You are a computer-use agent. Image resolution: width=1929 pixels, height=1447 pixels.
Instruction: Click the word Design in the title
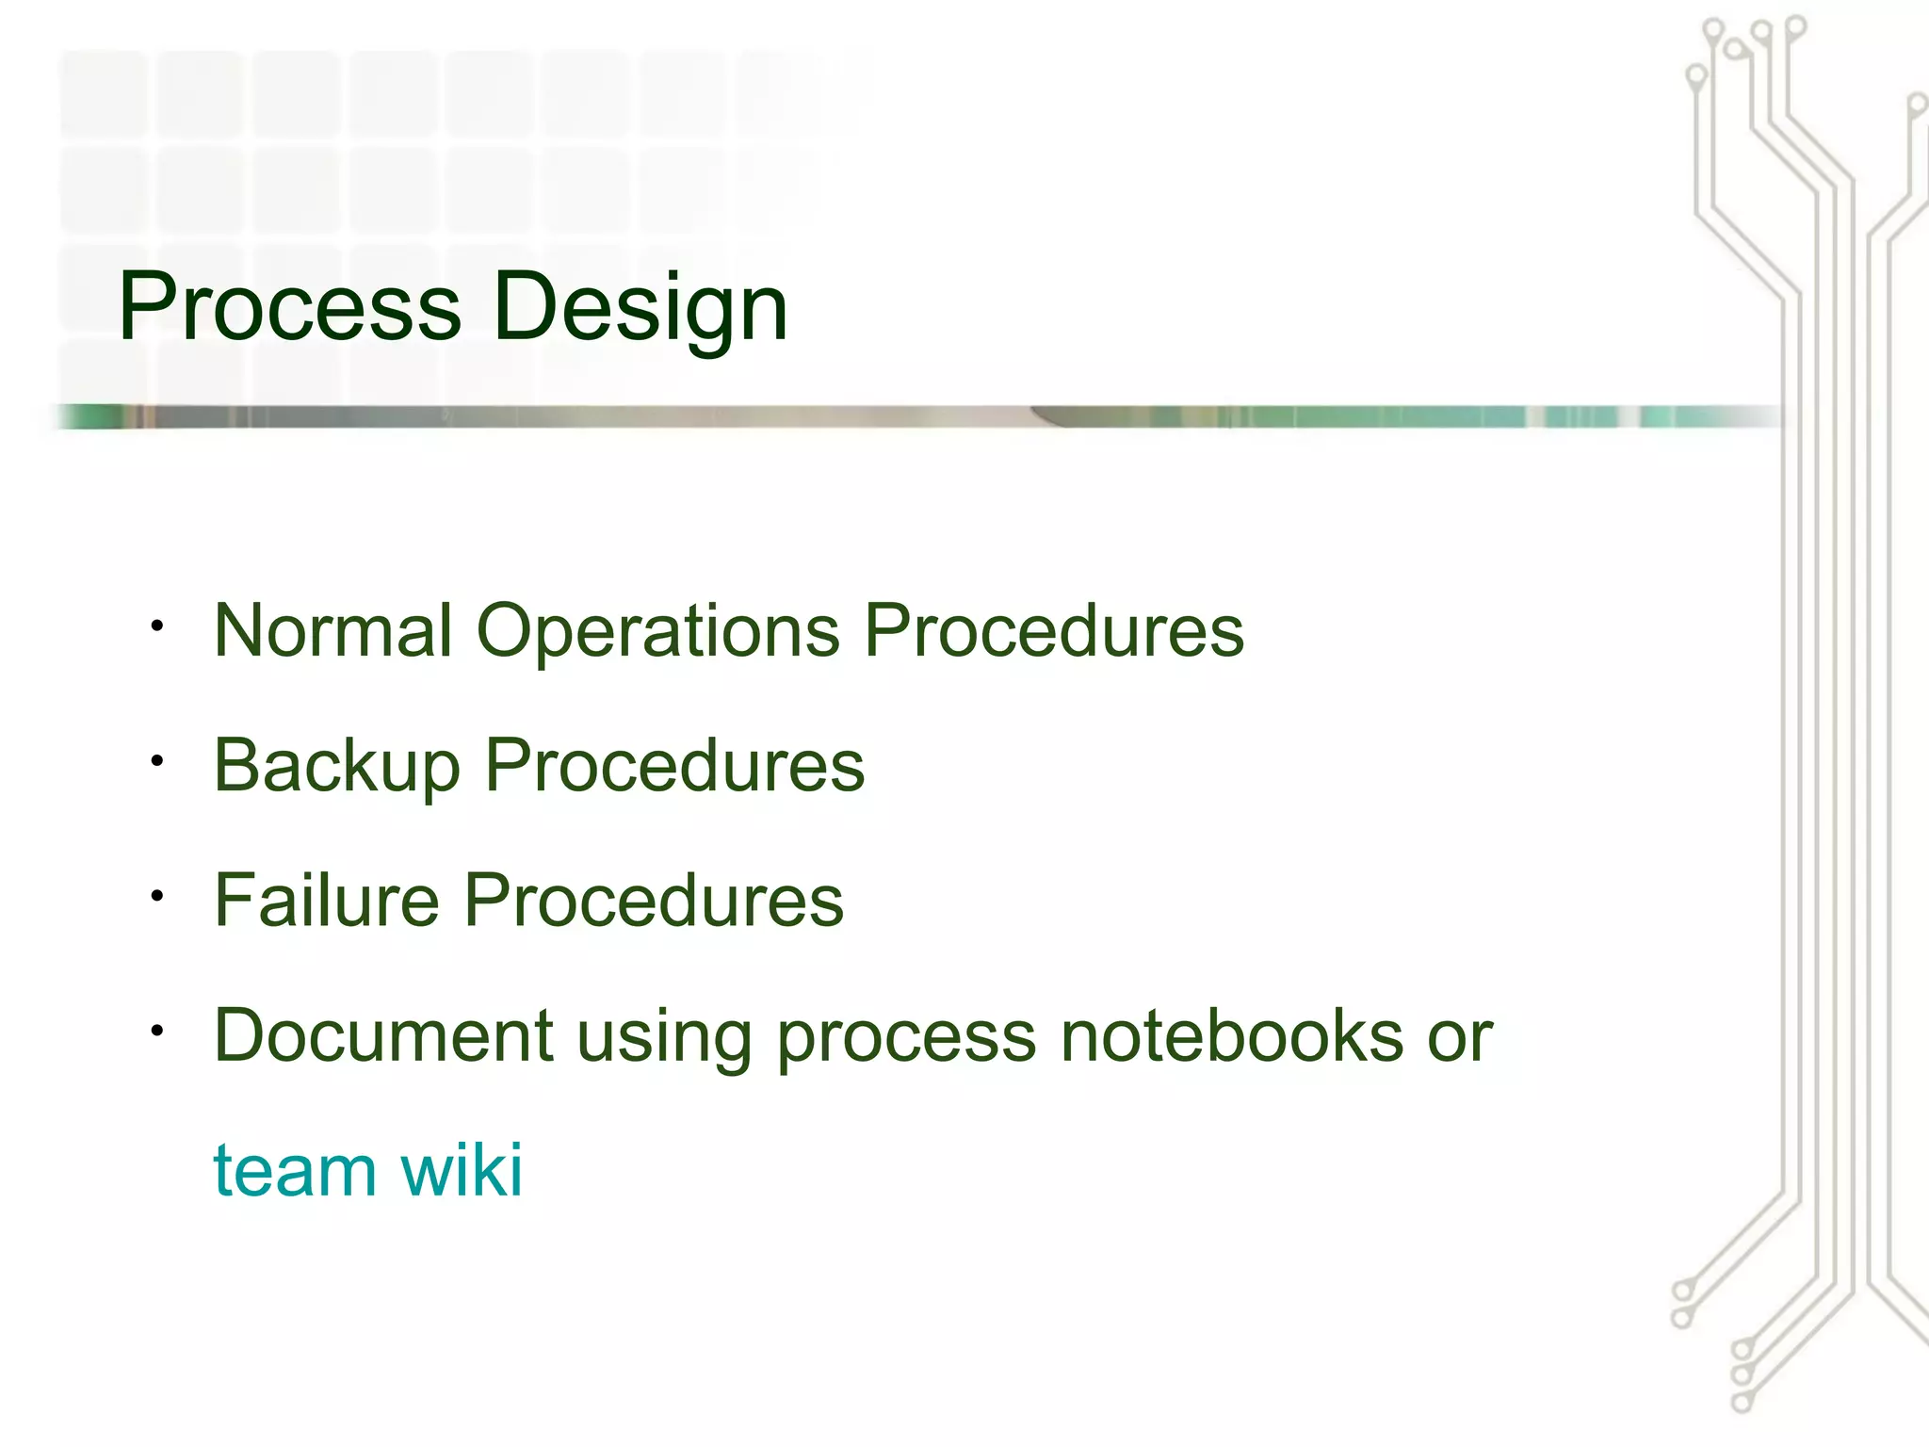[640, 306]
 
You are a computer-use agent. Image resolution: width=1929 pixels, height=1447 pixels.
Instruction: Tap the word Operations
[657, 630]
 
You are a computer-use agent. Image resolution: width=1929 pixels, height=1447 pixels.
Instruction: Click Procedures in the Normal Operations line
[1054, 630]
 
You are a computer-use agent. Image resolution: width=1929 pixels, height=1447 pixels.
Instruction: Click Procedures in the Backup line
[674, 765]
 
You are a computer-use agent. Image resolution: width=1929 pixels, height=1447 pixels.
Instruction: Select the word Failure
[327, 900]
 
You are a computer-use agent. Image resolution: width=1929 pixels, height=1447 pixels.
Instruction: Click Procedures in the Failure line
[654, 900]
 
